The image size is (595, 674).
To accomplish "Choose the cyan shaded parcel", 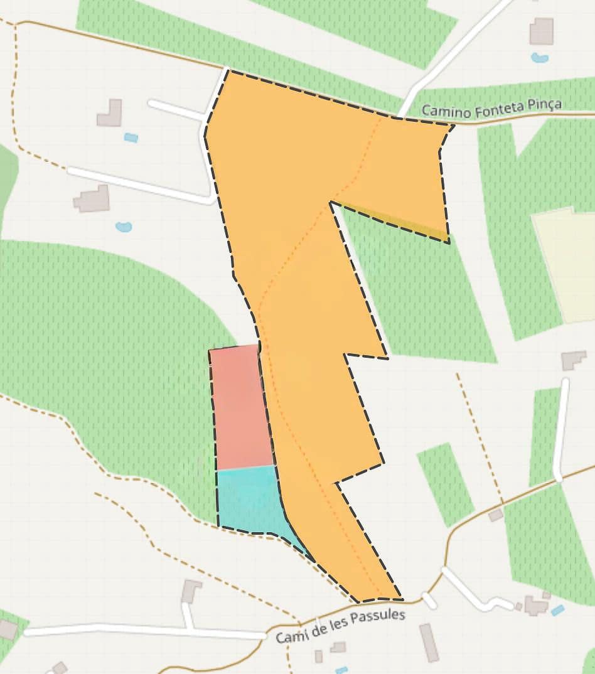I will tap(248, 499).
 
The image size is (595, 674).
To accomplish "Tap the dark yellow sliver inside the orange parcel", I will tap(408, 223).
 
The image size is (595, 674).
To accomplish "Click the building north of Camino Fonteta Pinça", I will tap(541, 31).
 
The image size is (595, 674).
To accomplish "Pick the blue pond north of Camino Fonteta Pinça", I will tap(539, 58).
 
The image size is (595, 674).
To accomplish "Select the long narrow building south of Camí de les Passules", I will tap(429, 643).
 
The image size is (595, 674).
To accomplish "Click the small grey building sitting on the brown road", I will tap(496, 515).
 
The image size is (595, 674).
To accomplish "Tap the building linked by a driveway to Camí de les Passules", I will tap(191, 591).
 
